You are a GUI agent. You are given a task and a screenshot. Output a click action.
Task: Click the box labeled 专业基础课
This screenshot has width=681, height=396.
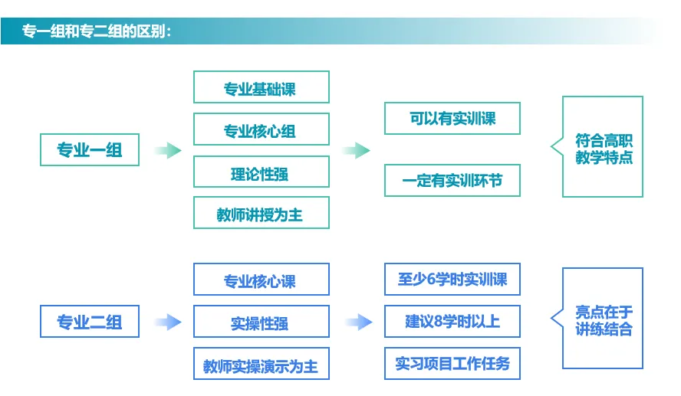(x=261, y=88)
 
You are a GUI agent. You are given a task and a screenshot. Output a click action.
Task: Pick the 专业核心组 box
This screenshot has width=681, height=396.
(x=261, y=130)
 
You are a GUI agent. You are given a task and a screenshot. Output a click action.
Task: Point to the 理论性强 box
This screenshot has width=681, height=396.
(x=261, y=172)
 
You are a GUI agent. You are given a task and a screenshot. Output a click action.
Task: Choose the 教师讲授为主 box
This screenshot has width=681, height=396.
(x=261, y=214)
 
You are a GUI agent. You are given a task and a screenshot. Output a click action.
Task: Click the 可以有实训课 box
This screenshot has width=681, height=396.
(x=452, y=119)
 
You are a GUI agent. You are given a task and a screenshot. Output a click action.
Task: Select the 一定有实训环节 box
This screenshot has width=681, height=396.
(x=452, y=182)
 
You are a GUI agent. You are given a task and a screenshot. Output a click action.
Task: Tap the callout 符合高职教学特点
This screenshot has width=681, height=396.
(x=604, y=148)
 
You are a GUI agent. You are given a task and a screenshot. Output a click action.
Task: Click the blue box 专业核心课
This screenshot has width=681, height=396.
(x=261, y=280)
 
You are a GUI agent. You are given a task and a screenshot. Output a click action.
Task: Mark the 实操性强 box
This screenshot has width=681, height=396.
(x=261, y=322)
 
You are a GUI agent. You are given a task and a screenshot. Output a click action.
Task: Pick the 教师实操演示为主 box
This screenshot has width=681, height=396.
(x=261, y=365)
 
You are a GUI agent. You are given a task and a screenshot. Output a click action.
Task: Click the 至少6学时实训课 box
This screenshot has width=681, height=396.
(x=452, y=279)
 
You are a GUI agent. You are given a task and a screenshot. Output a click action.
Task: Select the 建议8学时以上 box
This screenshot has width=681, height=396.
(x=452, y=321)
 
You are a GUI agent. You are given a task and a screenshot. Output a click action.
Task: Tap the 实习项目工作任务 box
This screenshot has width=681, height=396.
(x=452, y=363)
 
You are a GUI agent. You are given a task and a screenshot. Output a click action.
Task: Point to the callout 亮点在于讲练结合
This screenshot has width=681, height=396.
(x=604, y=320)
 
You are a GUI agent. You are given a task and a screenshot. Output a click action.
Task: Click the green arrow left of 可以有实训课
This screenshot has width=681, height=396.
(x=355, y=150)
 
